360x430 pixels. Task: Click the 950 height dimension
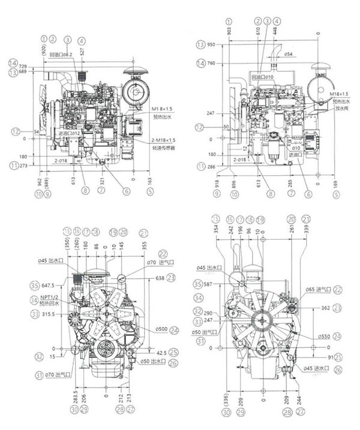coord(210,45)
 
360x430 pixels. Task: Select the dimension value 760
coord(211,62)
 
